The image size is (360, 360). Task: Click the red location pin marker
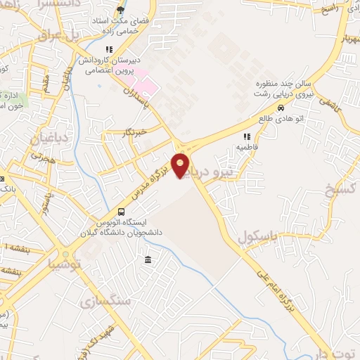pos(181,165)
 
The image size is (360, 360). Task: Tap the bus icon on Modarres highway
pos(122,212)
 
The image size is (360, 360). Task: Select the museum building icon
pos(148,261)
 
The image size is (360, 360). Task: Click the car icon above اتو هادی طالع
pos(281,108)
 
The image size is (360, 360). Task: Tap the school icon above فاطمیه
pos(246,137)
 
